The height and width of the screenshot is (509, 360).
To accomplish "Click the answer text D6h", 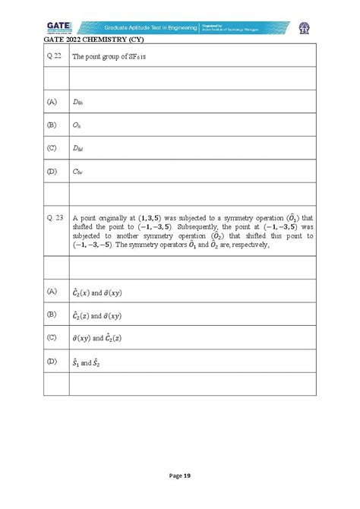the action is pos(78,101).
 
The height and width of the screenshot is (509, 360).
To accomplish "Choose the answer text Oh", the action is pos(77,124).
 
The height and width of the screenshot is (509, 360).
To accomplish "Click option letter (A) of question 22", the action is pos(52,101).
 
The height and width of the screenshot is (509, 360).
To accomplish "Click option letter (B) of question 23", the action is pos(52,315).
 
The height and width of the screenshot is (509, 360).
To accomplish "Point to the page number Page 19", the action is pos(179,476).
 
